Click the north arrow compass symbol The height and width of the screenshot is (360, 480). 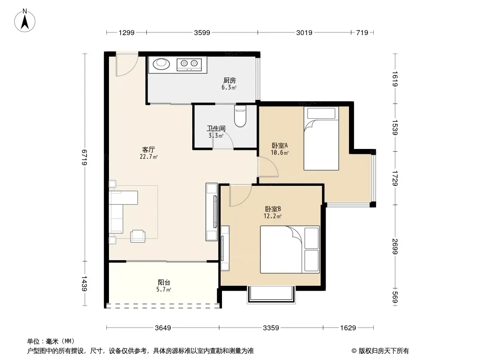(25, 21)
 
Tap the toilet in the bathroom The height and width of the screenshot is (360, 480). (240, 116)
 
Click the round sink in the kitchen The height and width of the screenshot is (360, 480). (161, 64)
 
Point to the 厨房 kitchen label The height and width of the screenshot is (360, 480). (229, 81)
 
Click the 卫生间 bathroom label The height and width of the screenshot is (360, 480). (216, 128)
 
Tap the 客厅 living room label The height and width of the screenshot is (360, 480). (149, 149)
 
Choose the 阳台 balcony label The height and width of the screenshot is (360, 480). (164, 282)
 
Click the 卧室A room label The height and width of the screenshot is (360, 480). (280, 146)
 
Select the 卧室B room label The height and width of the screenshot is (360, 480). (273, 209)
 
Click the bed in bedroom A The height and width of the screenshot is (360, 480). (321, 138)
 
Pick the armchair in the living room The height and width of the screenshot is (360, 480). (138, 236)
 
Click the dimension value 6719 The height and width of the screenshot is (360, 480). (85, 157)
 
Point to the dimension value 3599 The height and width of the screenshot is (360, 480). (202, 32)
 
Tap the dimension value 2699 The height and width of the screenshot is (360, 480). (395, 247)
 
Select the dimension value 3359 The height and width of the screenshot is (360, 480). (271, 328)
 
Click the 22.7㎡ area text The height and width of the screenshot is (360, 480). (149, 157)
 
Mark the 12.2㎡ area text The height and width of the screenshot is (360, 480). (272, 216)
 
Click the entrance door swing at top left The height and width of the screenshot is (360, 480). (127, 65)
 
